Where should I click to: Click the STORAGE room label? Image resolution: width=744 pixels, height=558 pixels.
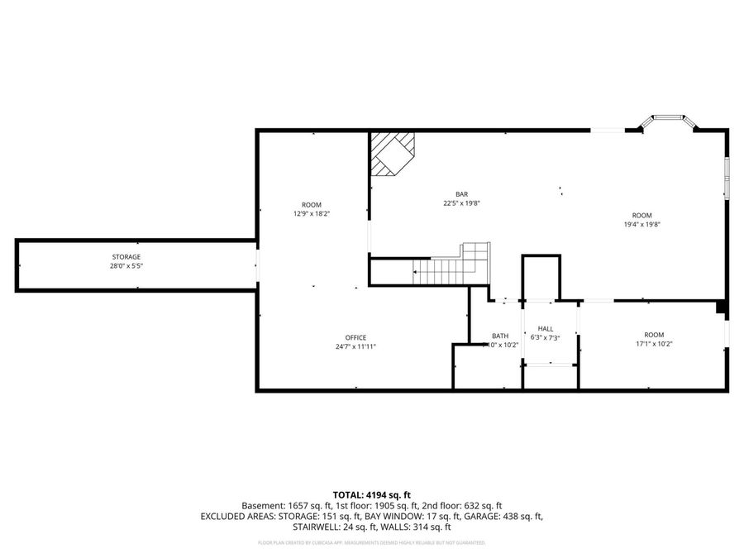126,257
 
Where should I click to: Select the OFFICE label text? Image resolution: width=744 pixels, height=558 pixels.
355,337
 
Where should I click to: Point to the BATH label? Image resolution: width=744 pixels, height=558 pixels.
500,336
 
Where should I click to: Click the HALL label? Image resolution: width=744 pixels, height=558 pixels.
545,328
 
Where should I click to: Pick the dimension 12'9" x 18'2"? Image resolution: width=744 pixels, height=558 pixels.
311,214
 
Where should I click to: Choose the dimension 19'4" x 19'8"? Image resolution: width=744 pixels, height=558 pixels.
641,224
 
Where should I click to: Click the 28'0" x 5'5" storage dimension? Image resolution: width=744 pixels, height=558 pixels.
126,266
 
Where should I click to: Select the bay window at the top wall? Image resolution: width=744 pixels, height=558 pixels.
668,122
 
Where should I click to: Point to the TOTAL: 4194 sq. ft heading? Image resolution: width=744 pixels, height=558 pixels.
371,494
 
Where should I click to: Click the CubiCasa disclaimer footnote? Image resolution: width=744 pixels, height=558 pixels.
371,543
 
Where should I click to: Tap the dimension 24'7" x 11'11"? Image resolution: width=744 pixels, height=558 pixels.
355,347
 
